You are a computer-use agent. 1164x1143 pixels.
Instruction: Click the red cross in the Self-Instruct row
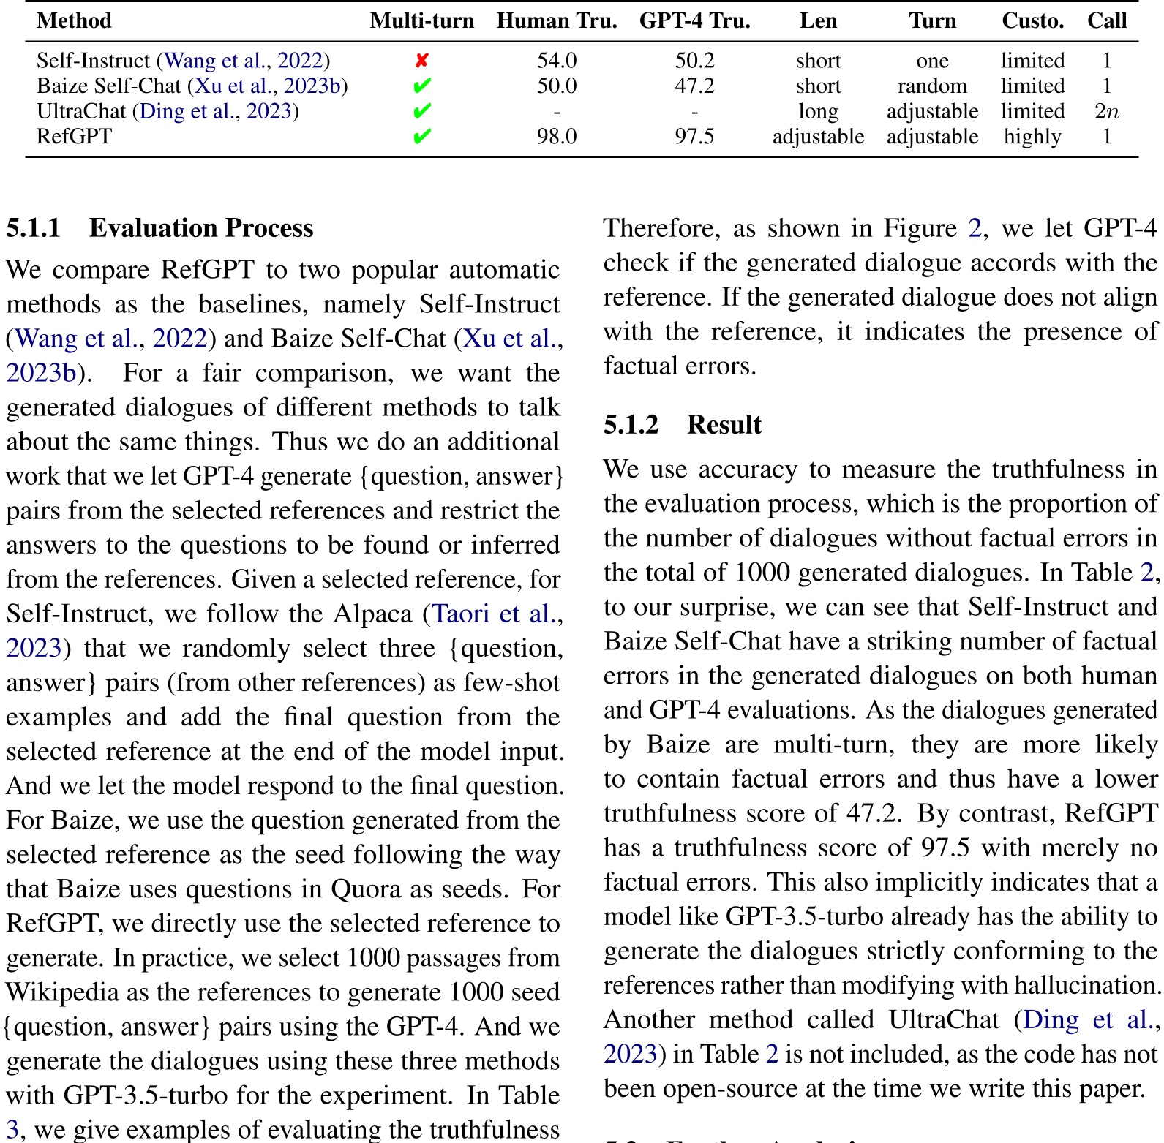421,61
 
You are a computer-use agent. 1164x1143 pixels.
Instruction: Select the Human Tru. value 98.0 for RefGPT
557,137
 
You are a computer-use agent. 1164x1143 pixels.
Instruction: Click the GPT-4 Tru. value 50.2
694,61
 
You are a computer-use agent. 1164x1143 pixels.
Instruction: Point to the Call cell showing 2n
1106,111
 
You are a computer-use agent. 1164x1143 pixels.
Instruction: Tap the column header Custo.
1032,20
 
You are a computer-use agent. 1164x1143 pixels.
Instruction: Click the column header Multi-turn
422,20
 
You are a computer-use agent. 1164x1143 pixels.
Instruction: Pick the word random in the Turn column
932,86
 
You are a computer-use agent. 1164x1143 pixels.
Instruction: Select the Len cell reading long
818,111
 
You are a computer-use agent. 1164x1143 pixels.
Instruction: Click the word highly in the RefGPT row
1032,137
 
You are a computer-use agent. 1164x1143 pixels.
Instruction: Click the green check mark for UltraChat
421,111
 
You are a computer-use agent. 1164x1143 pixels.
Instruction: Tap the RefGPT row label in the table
74,137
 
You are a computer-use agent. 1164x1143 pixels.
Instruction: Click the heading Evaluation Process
201,228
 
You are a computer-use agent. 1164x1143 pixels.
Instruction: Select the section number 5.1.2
631,425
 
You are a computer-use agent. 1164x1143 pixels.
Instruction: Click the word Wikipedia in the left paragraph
62,992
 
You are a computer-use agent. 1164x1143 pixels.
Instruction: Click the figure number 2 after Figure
975,228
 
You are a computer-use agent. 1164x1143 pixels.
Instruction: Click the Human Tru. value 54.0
557,61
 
